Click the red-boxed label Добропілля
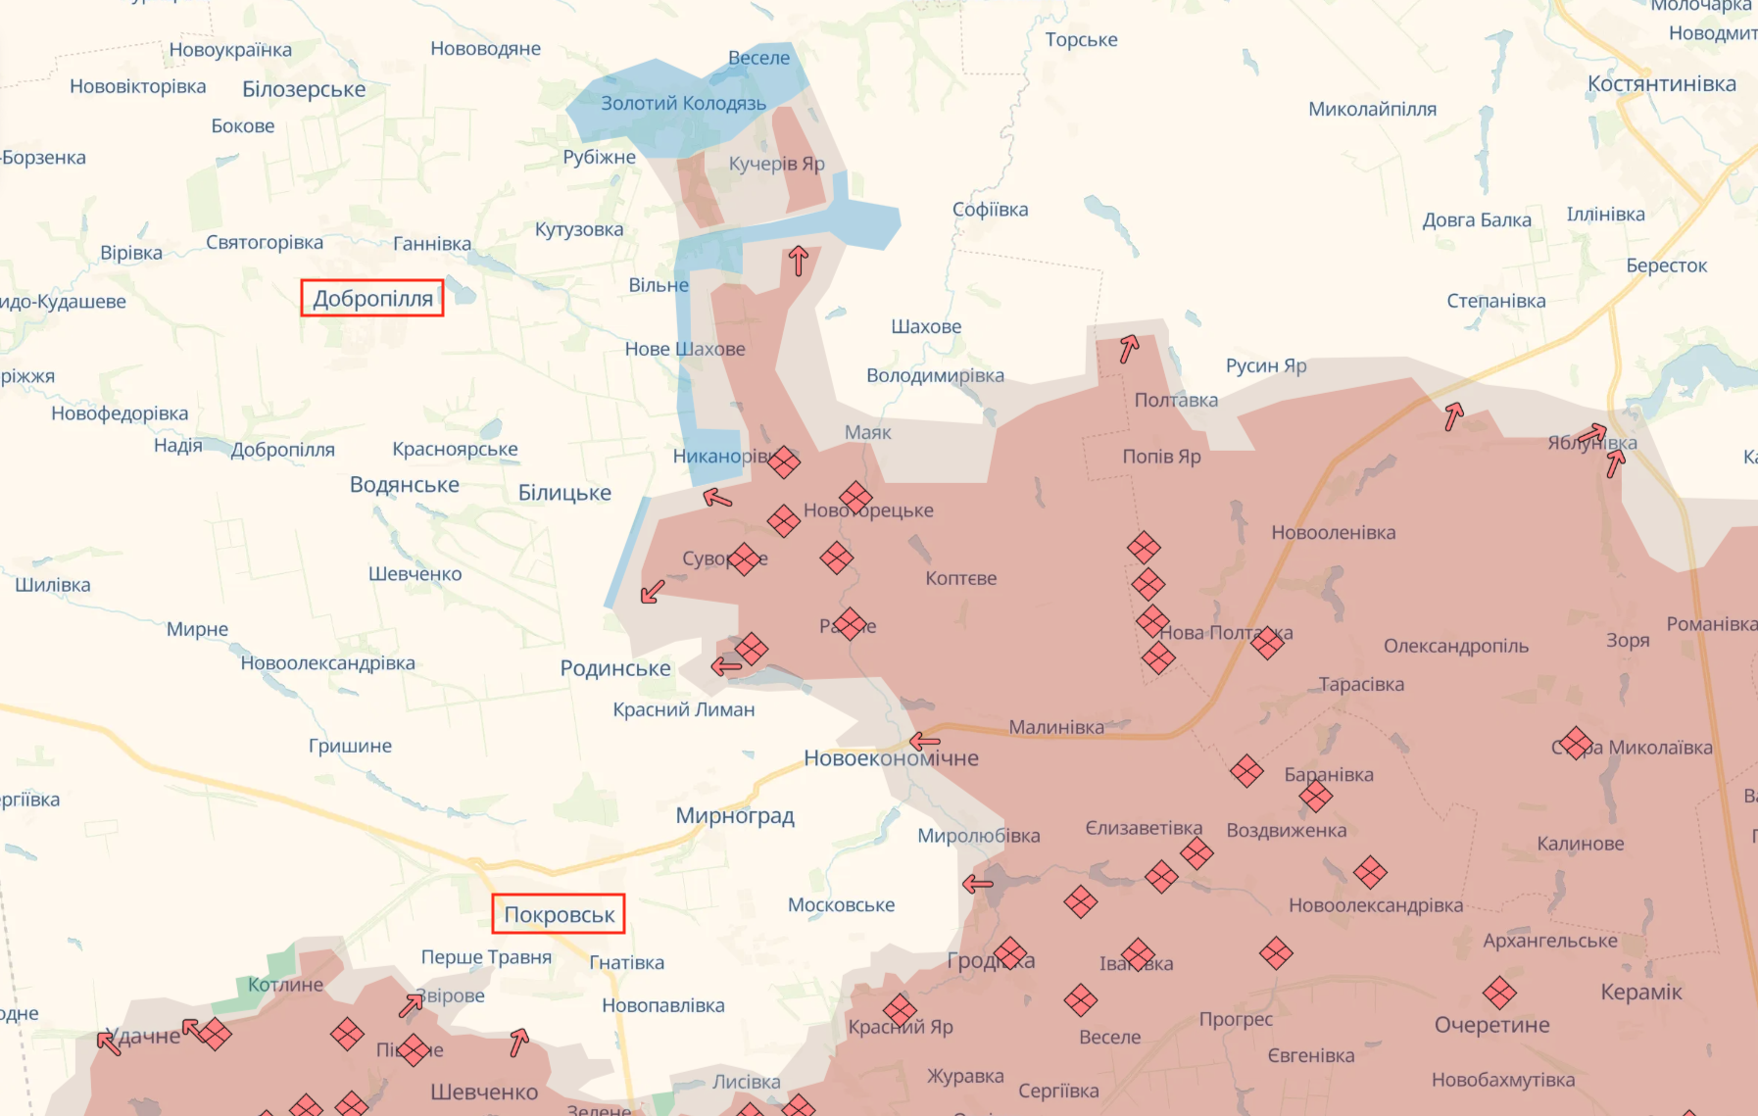pos(372,299)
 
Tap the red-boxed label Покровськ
pos(559,914)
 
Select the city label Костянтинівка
pos(1661,84)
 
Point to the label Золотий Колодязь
pos(683,104)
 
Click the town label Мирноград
pos(735,815)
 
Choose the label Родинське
pos(615,668)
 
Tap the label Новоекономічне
pos(891,757)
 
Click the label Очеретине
pos(1491,1025)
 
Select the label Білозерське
pos(304,89)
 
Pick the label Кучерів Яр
pos(776,164)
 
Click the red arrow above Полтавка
pos(1129,348)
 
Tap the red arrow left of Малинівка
pos(925,741)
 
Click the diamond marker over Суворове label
pos(745,559)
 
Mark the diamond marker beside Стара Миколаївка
pos(1575,743)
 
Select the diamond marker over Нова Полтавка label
pos(1266,643)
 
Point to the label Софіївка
pos(990,210)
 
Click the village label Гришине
pos(350,746)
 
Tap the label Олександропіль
pos(1455,646)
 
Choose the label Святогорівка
pos(264,242)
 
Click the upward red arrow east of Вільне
pos(798,261)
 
